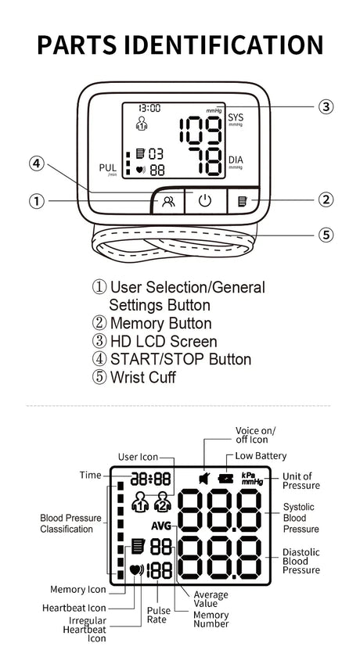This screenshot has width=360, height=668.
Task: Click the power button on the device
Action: pyautogui.click(x=205, y=201)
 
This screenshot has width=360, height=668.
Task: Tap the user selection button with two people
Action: pyautogui.click(x=168, y=202)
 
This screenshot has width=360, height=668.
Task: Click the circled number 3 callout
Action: pyautogui.click(x=326, y=106)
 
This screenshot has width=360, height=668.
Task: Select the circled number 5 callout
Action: pyautogui.click(x=326, y=235)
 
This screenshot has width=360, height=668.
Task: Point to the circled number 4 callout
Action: pyautogui.click(x=37, y=163)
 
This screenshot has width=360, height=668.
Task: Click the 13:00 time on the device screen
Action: pyautogui.click(x=149, y=108)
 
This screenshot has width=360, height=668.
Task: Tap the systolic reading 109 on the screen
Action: pyautogui.click(x=200, y=130)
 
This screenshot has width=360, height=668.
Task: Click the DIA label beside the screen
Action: pyautogui.click(x=236, y=160)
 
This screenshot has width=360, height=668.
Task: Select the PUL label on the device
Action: pyautogui.click(x=107, y=168)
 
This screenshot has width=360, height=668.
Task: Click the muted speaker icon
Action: pyautogui.click(x=203, y=479)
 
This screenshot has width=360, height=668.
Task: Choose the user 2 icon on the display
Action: pyautogui.click(x=162, y=501)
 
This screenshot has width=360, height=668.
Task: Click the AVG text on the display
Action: pyautogui.click(x=160, y=526)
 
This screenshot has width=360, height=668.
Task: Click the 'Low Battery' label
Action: pyautogui.click(x=261, y=456)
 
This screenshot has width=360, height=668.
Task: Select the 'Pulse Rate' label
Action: pyautogui.click(x=159, y=615)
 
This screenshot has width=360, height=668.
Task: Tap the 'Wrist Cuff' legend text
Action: pyautogui.click(x=142, y=378)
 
